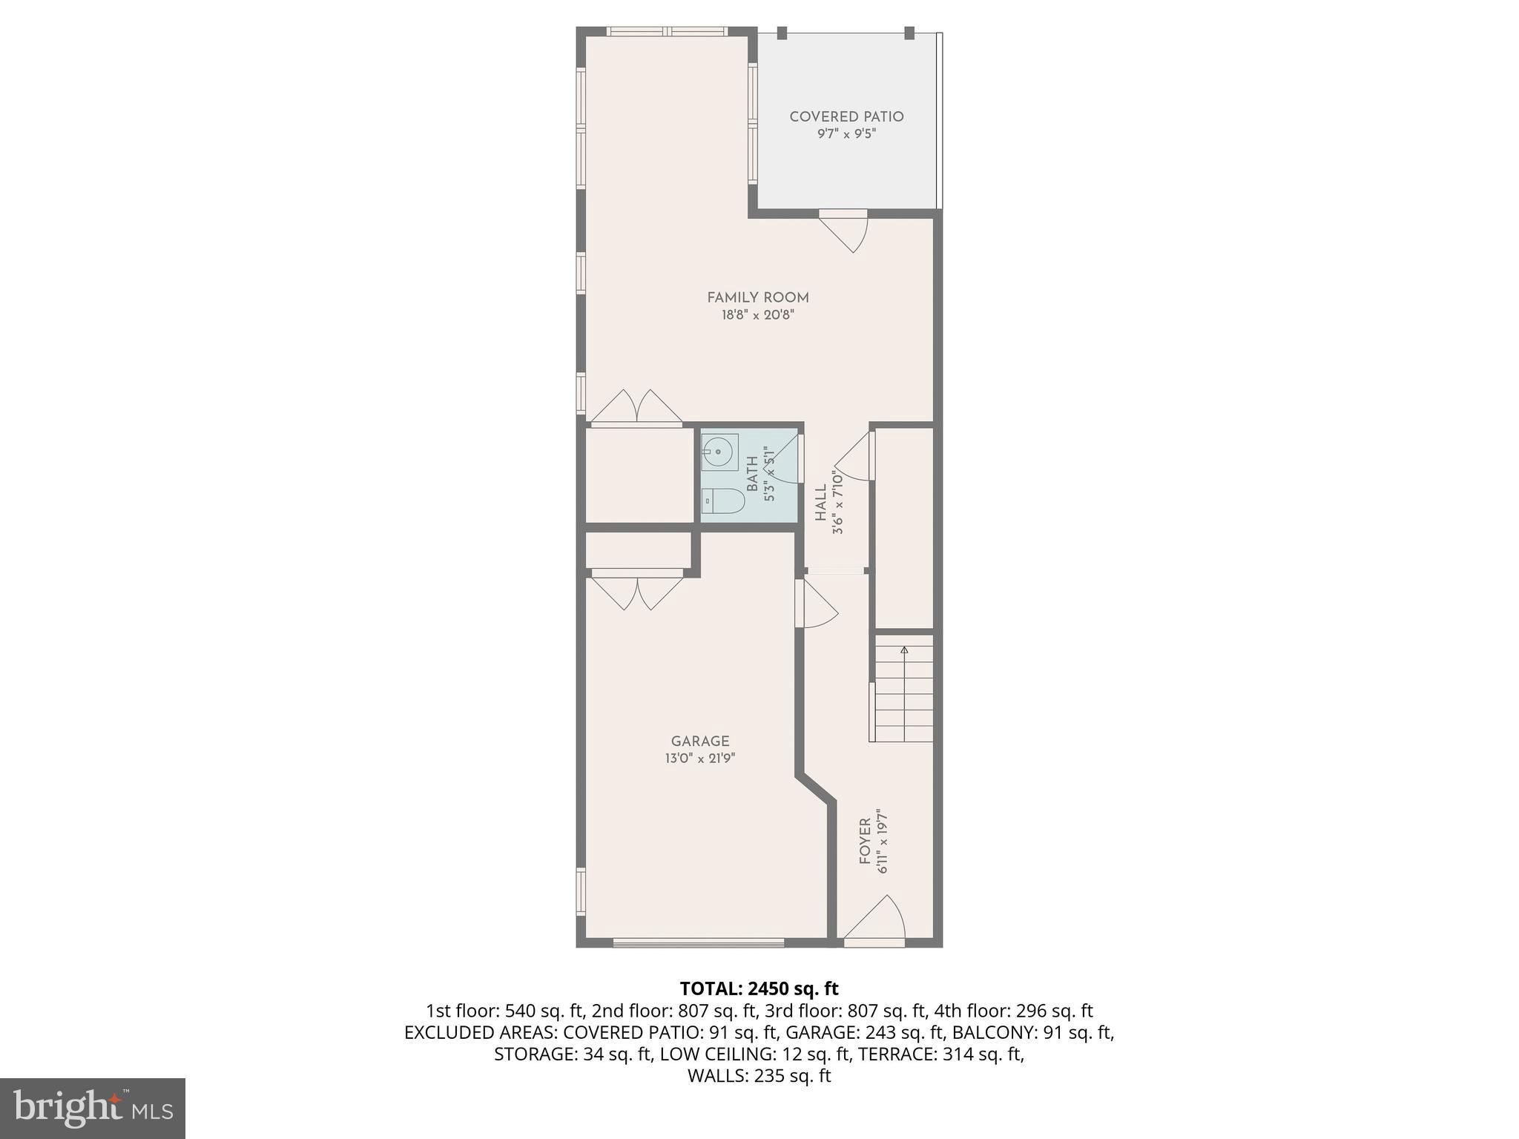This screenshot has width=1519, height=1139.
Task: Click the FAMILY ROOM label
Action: click(x=757, y=297)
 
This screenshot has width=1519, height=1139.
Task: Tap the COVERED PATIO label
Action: click(x=846, y=116)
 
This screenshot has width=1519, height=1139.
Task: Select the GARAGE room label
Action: click(x=700, y=741)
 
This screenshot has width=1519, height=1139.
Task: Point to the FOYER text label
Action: click(x=865, y=841)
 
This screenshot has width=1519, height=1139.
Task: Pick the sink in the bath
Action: click(x=718, y=451)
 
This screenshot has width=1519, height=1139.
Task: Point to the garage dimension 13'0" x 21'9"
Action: click(x=700, y=759)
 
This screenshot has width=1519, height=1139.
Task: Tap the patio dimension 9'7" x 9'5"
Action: click(x=846, y=134)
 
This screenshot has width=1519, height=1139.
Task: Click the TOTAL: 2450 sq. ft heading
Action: click(x=759, y=988)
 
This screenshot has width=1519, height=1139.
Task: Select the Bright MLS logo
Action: click(x=93, y=1109)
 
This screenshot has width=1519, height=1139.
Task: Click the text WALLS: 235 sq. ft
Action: click(x=759, y=1076)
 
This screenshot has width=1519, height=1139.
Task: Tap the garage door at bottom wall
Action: click(x=698, y=942)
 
